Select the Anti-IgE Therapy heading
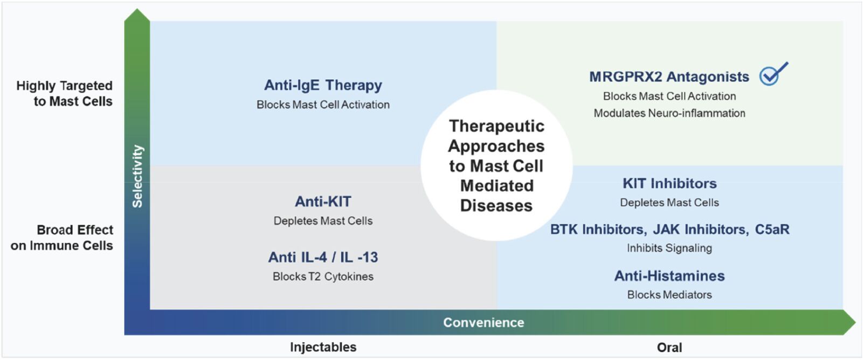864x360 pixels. tap(323, 85)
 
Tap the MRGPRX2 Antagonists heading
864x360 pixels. tap(669, 77)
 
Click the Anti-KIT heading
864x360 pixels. tap(323, 202)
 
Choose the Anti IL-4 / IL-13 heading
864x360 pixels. tap(323, 257)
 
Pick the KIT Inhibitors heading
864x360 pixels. tap(669, 183)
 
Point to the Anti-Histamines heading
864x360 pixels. tap(669, 276)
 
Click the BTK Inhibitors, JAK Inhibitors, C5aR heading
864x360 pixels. tap(669, 230)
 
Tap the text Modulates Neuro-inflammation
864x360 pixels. tap(669, 113)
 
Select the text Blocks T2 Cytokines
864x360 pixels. tap(323, 276)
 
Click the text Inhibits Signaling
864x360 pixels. tap(669, 248)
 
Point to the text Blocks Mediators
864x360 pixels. tap(669, 295)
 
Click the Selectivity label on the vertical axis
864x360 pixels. tap(137, 176)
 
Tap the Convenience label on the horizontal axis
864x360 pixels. tap(483, 322)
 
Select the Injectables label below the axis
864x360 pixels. tap(323, 347)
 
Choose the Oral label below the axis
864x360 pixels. tap(669, 348)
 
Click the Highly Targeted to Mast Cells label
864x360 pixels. tap(65, 93)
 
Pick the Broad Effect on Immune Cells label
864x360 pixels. tap(63, 238)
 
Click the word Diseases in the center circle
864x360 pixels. tap(496, 206)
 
